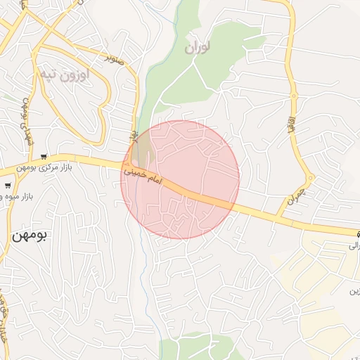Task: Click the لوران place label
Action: [198, 48]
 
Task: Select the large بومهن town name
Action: [29, 236]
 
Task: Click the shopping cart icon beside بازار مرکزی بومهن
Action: [45, 156]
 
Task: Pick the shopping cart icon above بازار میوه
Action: [7, 186]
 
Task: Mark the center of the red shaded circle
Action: [180, 180]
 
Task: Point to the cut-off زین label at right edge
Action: [354, 290]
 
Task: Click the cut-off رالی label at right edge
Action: [354, 246]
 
